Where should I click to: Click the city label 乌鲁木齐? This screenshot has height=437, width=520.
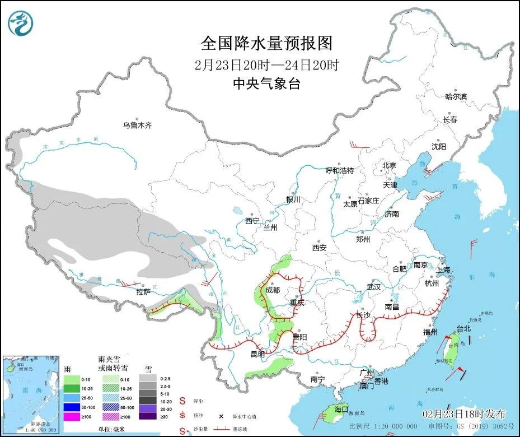pos(137,125)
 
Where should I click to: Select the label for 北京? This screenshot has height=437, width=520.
pos(389,165)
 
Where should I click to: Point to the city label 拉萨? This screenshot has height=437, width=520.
pos(143,292)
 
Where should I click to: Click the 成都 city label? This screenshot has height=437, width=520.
pos(273,290)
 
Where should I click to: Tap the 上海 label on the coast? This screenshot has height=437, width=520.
pos(443,269)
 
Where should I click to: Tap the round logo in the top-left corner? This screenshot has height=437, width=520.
pos(21,22)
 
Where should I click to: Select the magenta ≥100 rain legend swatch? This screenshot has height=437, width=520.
pos(72,416)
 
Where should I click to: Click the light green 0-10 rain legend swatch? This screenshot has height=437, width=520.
pos(72,379)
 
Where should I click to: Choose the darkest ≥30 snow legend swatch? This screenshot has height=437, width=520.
pos(147,416)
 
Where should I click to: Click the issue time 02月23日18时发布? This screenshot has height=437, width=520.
pos(464,414)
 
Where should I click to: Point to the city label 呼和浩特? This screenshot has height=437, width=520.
pos(340,170)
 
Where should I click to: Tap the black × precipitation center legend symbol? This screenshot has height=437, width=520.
pos(221,416)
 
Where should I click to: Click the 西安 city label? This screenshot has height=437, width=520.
pos(320,247)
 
